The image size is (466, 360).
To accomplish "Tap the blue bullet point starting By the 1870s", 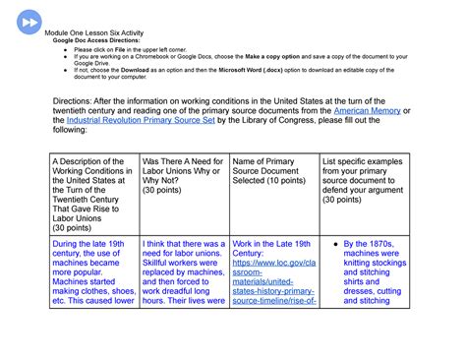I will (374, 271).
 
